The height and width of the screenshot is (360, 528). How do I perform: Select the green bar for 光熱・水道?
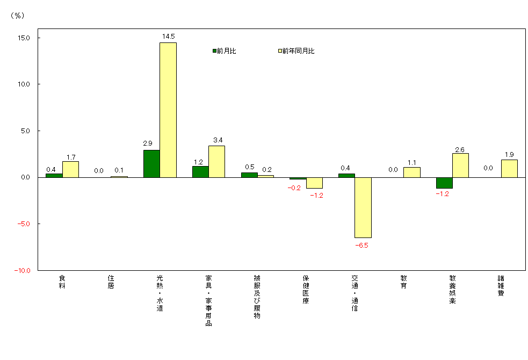tap(151, 163)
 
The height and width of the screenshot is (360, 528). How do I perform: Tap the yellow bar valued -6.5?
tap(363, 207)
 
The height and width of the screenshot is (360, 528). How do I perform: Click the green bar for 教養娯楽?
tap(444, 183)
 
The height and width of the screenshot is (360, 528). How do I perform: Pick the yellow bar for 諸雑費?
tap(509, 168)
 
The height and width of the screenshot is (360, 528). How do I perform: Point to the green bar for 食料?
tap(54, 175)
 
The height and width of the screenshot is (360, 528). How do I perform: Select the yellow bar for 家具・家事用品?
tap(216, 161)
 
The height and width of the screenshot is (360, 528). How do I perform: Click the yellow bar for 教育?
tap(411, 172)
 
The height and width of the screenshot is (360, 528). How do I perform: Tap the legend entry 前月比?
tap(224, 51)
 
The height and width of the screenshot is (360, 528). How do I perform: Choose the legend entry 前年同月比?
tap(296, 51)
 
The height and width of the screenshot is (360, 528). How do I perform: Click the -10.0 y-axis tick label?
tap(22, 270)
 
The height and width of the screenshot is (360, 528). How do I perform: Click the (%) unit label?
tap(17, 16)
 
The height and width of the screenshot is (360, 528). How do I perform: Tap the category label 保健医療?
tap(306, 290)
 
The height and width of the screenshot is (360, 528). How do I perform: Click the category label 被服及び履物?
tap(257, 297)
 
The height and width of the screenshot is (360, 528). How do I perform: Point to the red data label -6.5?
tap(362, 246)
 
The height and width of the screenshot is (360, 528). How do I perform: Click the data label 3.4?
tap(218, 141)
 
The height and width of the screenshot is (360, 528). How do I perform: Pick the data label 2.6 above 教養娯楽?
tap(461, 149)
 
